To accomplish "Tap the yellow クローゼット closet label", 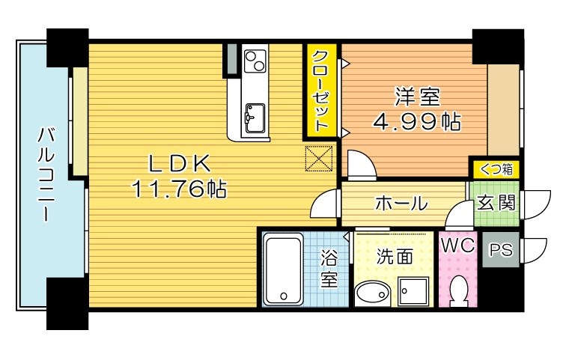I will (x=320, y=91).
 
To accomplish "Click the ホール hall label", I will (x=401, y=203).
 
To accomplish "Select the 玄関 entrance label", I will (x=497, y=202).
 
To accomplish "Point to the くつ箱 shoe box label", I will (x=496, y=169).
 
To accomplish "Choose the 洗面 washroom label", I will (x=394, y=257).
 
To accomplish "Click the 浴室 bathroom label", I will (x=329, y=270).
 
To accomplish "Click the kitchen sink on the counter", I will (x=254, y=116).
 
